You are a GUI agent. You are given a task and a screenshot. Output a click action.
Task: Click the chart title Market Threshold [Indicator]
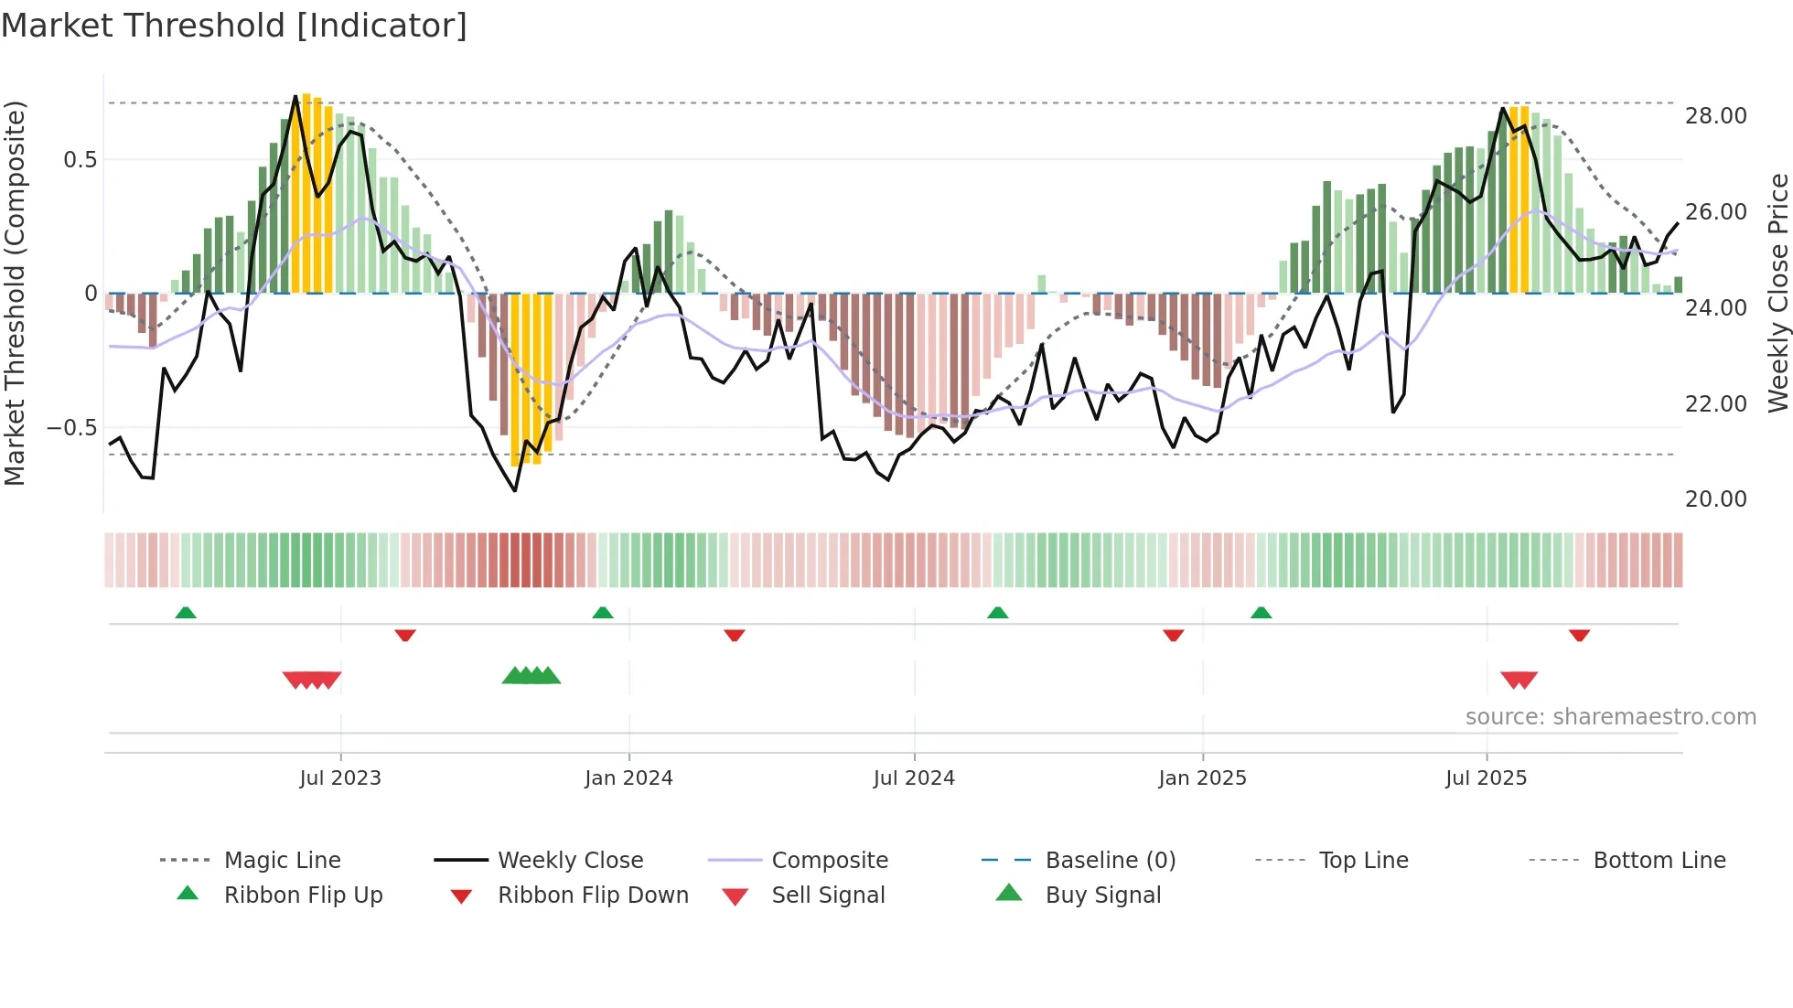[234, 26]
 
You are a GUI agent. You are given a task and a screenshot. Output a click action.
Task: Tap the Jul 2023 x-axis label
[340, 778]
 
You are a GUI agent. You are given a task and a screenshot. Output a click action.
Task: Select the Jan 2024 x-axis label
[628, 778]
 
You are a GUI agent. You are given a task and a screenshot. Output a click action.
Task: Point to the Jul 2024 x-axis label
[914, 778]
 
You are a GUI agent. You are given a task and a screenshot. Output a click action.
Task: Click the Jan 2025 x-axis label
[1202, 778]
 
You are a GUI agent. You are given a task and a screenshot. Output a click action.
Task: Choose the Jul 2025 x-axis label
[1487, 778]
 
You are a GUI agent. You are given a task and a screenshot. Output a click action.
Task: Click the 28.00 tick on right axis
[1715, 116]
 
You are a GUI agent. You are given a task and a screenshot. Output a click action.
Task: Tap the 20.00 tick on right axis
[1715, 499]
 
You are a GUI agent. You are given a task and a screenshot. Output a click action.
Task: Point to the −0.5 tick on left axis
[71, 428]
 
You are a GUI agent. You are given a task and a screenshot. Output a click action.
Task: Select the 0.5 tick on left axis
[80, 160]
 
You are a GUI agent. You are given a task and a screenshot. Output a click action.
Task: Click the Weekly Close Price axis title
[1777, 293]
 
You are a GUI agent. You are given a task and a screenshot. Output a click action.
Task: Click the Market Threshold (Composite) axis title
[15, 293]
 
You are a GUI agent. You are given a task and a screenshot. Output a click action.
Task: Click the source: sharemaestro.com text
[1610, 717]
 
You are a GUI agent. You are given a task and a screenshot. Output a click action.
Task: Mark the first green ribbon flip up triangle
[186, 613]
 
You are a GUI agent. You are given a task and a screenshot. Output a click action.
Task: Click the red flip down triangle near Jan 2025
[1173, 635]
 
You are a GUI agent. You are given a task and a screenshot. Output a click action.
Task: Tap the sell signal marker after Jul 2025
[1519, 680]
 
